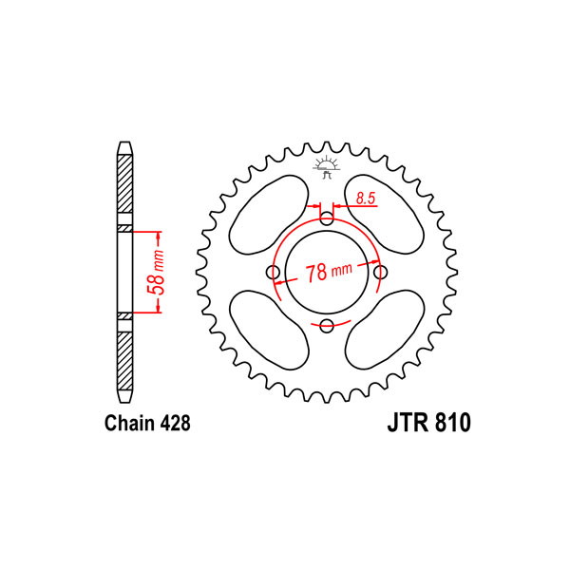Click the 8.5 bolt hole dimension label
point(366,199)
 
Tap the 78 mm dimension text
point(329,272)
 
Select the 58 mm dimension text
point(156,272)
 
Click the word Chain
point(128,423)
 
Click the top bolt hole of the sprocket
point(327,218)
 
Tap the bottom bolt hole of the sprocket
point(327,326)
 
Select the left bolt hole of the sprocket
point(273,272)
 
